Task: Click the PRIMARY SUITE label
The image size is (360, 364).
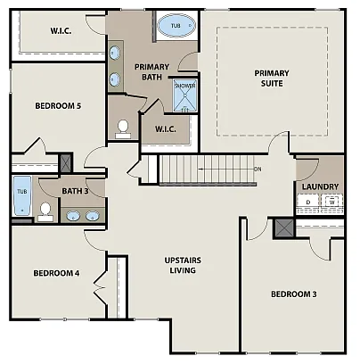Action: (x=272, y=79)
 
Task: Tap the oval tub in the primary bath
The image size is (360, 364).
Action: (x=175, y=27)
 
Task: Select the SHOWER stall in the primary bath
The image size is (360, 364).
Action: (x=184, y=96)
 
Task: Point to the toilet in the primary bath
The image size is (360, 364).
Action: (x=122, y=128)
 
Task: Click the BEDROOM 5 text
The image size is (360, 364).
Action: (x=58, y=106)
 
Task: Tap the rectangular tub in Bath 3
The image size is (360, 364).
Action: (x=21, y=196)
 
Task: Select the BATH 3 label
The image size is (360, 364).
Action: (x=74, y=191)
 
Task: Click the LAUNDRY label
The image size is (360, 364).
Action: (x=319, y=186)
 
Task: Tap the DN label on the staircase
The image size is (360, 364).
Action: (x=257, y=169)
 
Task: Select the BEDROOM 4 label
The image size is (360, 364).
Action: (x=56, y=273)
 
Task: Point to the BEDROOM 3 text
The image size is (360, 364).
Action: (x=293, y=294)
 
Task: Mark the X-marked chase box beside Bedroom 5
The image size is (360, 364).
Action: (x=64, y=164)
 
